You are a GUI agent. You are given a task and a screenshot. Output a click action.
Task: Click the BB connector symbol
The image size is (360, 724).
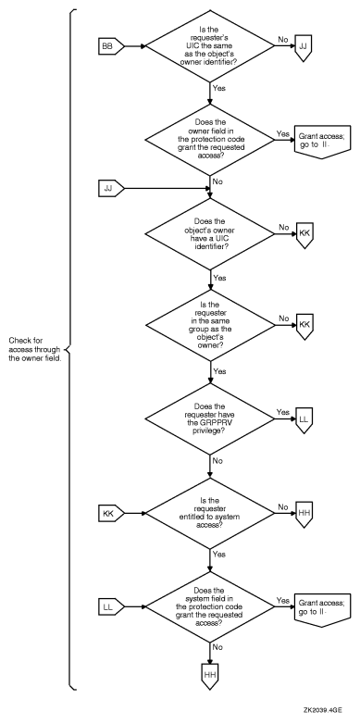point(110,43)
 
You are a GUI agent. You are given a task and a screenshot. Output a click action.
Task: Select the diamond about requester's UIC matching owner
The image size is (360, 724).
point(209,43)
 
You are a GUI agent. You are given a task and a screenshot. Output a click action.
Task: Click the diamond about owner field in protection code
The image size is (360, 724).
point(209,139)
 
